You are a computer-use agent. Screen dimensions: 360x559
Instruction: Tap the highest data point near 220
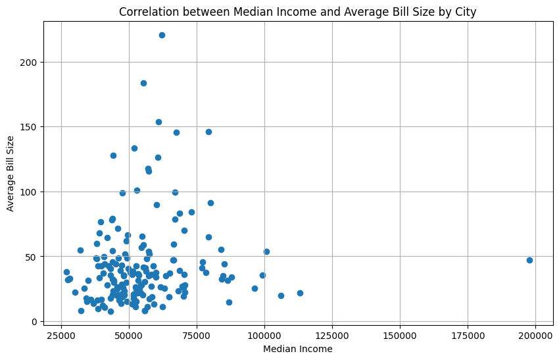click(x=162, y=35)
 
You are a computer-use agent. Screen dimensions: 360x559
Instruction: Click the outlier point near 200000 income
click(x=529, y=260)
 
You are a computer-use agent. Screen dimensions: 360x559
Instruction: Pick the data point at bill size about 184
click(x=143, y=83)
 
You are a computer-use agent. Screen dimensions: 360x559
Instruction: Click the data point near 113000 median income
click(x=300, y=293)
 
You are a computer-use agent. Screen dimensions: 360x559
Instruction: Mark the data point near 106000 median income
click(x=281, y=296)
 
